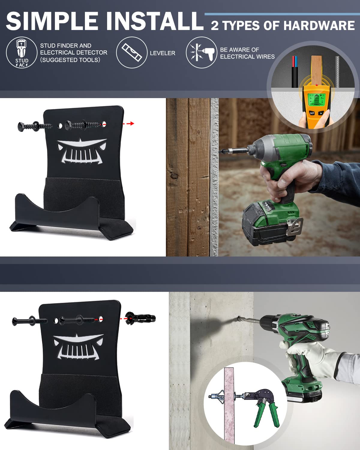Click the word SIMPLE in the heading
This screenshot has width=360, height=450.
coord(52,21)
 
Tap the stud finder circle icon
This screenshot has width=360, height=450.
coord(22,52)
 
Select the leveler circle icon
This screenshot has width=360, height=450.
coord(132,52)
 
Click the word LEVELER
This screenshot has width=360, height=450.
coord(163,53)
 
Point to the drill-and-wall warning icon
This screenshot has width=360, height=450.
coord(202,52)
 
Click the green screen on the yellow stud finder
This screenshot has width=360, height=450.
coord(317,100)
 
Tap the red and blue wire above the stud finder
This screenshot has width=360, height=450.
coord(295,71)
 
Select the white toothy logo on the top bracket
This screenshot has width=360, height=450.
coord(82,151)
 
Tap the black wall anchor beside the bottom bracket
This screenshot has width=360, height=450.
coord(140,319)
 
